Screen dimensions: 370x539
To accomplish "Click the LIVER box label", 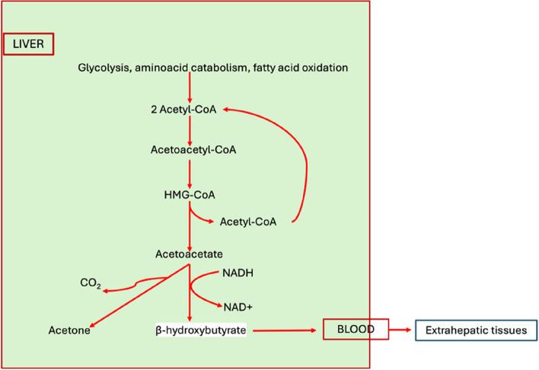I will [x=29, y=45].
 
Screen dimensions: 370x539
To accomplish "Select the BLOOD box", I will [x=356, y=330].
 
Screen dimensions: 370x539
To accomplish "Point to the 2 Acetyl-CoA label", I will [x=184, y=110].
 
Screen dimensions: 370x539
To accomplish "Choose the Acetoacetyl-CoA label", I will [x=193, y=149].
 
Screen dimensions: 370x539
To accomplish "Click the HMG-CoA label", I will [x=186, y=196].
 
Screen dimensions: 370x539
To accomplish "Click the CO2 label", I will [x=90, y=284].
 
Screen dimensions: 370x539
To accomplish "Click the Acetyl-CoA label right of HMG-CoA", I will [x=247, y=222].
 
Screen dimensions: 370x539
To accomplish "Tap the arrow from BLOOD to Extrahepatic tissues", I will [x=402, y=330].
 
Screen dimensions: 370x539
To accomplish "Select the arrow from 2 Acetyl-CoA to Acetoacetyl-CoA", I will [x=190, y=129].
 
